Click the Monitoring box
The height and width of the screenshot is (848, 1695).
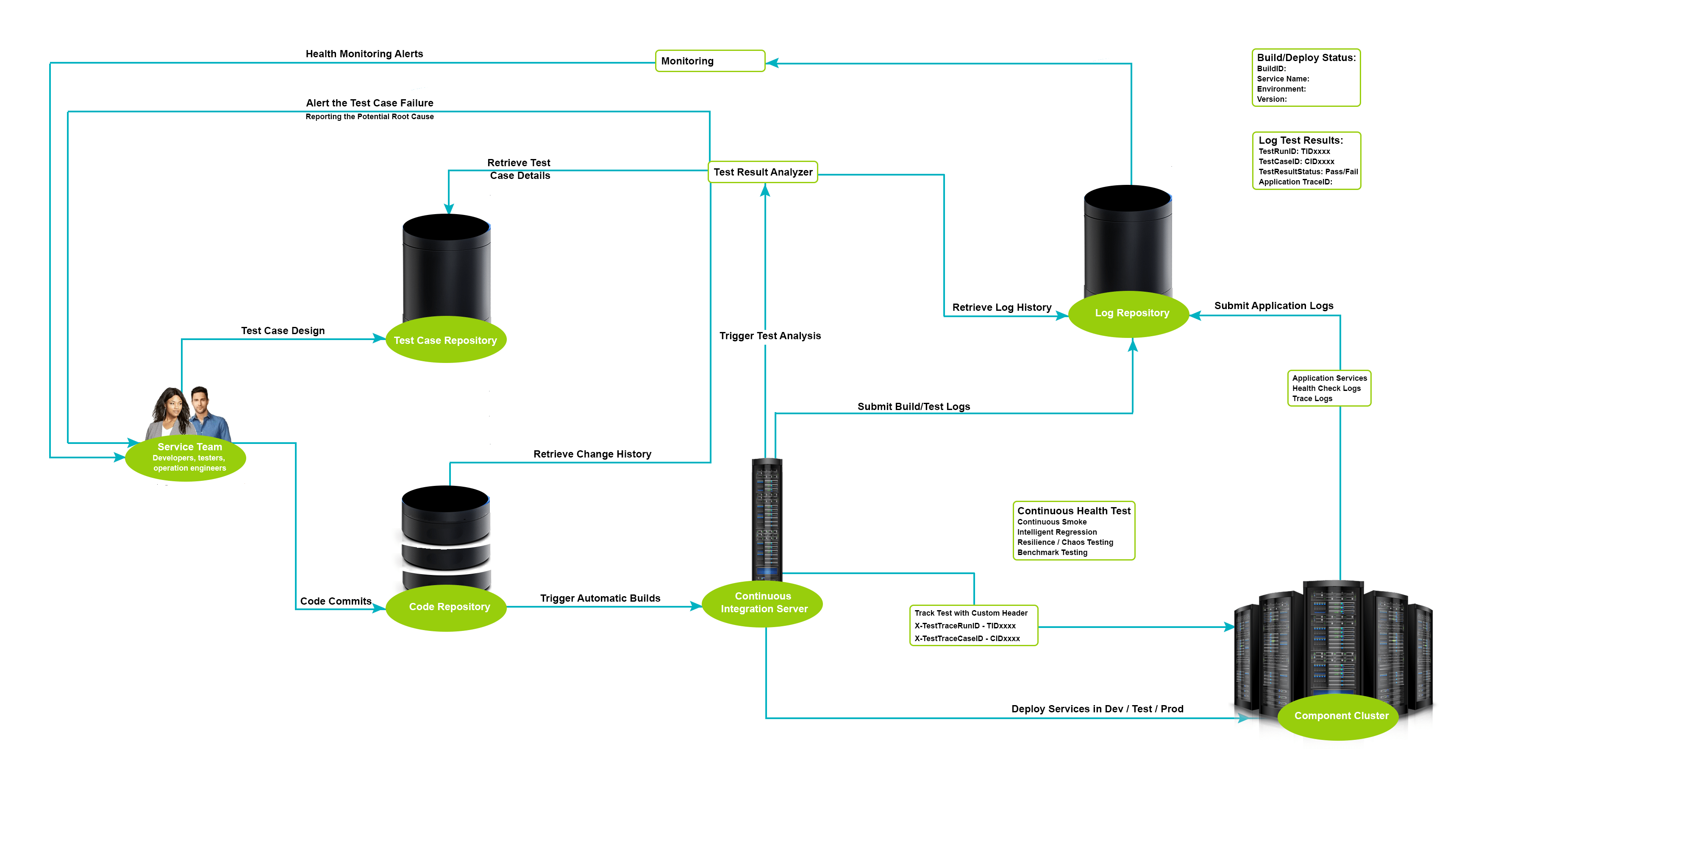point(709,61)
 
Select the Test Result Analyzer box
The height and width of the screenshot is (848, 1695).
point(763,172)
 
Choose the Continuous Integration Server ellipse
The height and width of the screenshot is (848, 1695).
point(763,603)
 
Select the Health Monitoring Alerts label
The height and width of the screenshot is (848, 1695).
point(364,54)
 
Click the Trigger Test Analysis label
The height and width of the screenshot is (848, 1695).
point(770,336)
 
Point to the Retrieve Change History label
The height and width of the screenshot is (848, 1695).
point(592,454)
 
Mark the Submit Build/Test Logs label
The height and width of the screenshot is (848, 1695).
point(913,407)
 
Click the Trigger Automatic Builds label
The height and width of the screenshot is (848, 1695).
point(600,598)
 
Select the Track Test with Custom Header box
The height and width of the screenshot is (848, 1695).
point(973,625)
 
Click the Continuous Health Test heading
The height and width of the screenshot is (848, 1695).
point(1073,511)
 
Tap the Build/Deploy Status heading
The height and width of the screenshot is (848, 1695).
point(1306,58)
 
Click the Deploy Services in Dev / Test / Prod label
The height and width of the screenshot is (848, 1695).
point(1097,709)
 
